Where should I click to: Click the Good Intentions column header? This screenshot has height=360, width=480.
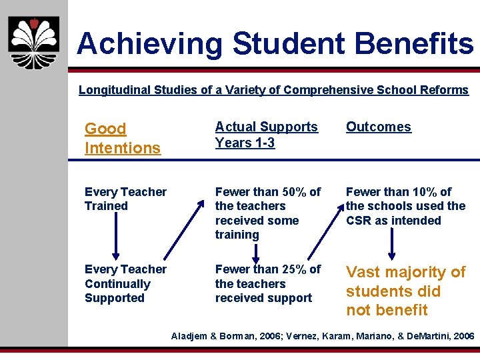pyautogui.click(x=123, y=138)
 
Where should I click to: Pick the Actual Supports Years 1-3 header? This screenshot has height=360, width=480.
pyautogui.click(x=266, y=135)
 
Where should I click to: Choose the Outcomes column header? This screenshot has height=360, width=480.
pyautogui.click(x=378, y=127)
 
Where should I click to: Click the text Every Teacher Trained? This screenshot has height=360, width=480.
pyautogui.click(x=125, y=199)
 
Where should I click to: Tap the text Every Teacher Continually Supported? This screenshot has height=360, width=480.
pyautogui.click(x=125, y=283)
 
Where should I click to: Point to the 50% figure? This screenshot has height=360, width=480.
pyautogui.click(x=294, y=192)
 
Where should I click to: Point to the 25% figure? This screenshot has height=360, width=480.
pyautogui.click(x=294, y=269)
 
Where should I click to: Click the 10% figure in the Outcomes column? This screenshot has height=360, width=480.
pyautogui.click(x=425, y=192)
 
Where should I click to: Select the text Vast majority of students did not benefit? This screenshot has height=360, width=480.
pyautogui.click(x=405, y=291)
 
